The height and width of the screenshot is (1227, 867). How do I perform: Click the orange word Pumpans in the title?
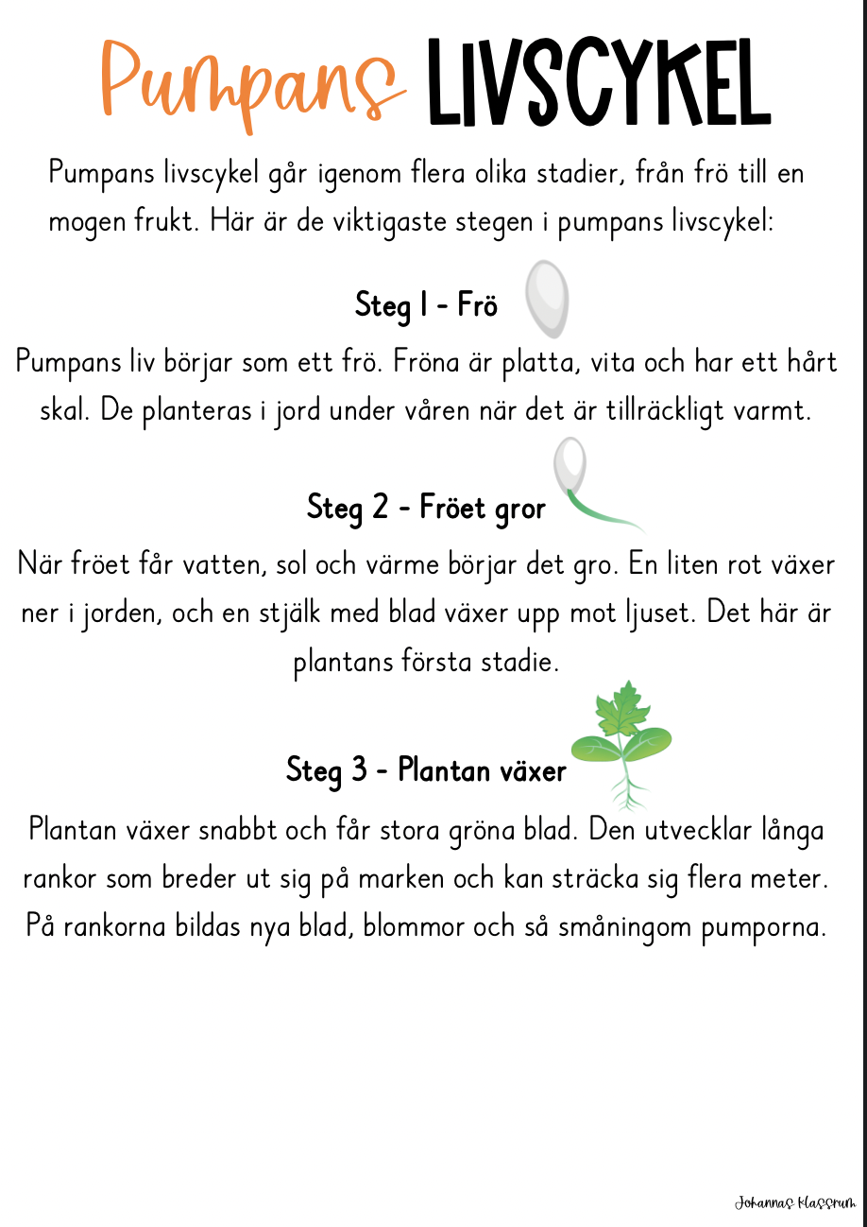point(250,83)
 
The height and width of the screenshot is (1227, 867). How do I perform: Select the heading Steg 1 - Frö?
point(426,306)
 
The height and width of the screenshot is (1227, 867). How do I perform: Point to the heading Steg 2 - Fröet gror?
point(426,509)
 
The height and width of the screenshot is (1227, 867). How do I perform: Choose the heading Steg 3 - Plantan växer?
point(426,770)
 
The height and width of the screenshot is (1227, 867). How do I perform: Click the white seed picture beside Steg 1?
point(547,298)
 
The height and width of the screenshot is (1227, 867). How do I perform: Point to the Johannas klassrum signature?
point(795,1203)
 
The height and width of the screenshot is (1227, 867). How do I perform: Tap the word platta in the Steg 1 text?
point(569,363)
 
